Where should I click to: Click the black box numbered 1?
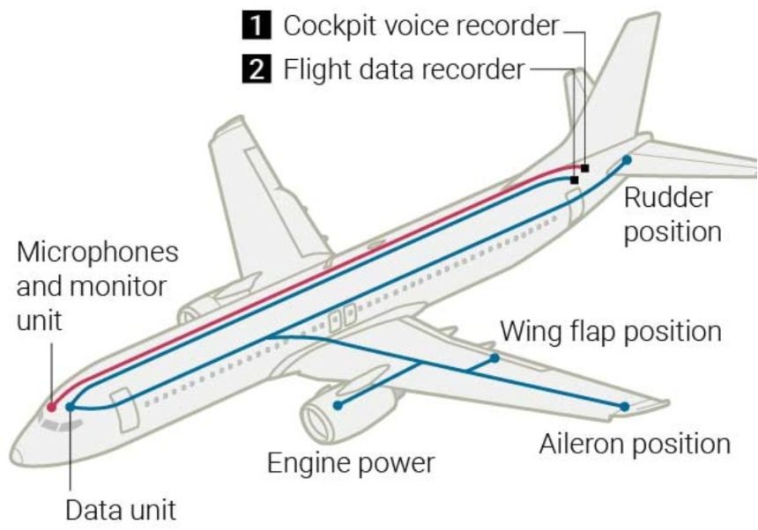[x=256, y=26]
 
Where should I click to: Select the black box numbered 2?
[x=256, y=69]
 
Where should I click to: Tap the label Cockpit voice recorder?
[x=421, y=26]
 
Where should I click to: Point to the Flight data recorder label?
[x=404, y=69]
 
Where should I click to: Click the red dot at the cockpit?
[x=52, y=407]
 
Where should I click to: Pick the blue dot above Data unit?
[x=71, y=407]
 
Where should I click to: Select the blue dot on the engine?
[x=338, y=406]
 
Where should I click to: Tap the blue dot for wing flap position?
[x=494, y=358]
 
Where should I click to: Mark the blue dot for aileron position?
[x=625, y=407]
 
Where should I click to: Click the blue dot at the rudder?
[x=627, y=159]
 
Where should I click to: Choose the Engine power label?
[x=351, y=463]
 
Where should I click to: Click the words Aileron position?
[x=635, y=444]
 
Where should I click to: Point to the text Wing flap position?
[x=611, y=332]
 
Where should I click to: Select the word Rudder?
[x=668, y=197]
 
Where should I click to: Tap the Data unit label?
[x=121, y=511]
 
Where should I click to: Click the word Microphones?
[x=98, y=253]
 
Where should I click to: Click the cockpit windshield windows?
[x=61, y=425]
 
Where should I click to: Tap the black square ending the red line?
[x=585, y=168]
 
